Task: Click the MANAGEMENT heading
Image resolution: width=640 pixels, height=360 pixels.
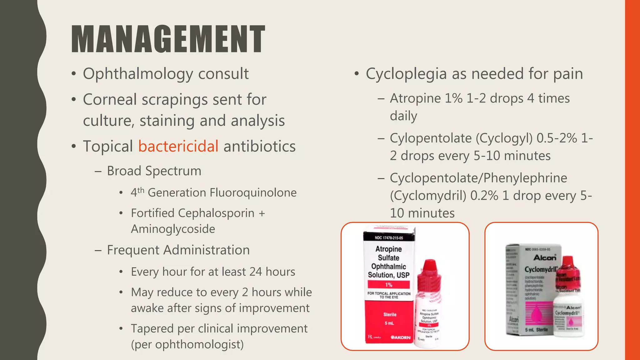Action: pyautogui.click(x=168, y=39)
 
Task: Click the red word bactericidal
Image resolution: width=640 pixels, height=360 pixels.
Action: pyautogui.click(x=178, y=146)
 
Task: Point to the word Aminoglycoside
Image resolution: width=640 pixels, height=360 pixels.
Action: pyautogui.click(x=173, y=229)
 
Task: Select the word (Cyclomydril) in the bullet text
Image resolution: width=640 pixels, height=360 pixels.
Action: pyautogui.click(x=428, y=196)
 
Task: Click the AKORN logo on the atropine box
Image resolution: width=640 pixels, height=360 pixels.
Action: pyautogui.click(x=400, y=337)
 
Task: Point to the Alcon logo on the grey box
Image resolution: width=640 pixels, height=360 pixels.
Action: pyautogui.click(x=545, y=257)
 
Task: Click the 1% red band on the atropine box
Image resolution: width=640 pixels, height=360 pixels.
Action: pyautogui.click(x=388, y=285)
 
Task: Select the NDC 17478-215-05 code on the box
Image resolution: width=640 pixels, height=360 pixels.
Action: pyautogui.click(x=389, y=238)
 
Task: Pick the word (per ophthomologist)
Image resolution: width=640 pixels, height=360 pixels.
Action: pyautogui.click(x=187, y=344)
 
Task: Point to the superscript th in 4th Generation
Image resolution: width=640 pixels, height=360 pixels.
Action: pyautogui.click(x=141, y=190)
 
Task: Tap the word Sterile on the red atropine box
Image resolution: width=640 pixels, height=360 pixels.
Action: pyautogui.click(x=390, y=314)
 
